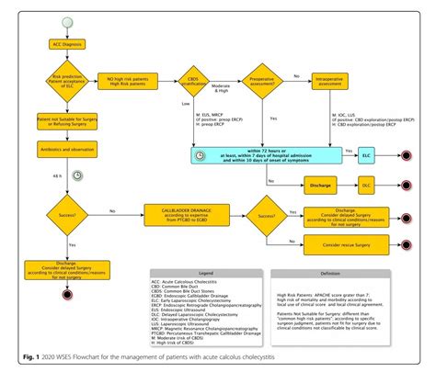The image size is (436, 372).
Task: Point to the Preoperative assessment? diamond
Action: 262,84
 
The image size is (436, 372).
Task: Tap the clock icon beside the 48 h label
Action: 77,175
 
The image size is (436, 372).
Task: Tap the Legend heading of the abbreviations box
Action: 207,272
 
